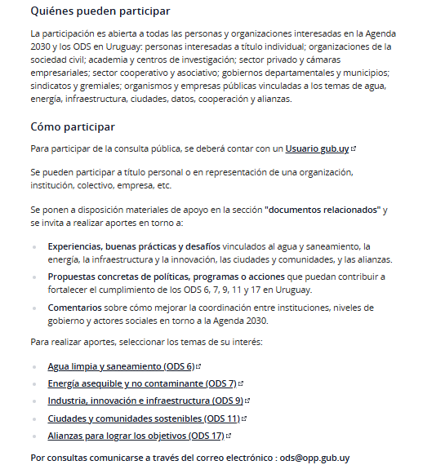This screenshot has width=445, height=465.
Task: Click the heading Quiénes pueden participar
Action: [100, 11]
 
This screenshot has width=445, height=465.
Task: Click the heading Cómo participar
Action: [73, 127]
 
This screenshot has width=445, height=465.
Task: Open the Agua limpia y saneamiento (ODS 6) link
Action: [121, 366]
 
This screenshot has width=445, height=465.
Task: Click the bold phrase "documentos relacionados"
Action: [323, 210]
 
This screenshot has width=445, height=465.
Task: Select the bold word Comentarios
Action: [74, 308]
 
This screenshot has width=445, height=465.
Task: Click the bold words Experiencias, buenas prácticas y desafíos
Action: [134, 246]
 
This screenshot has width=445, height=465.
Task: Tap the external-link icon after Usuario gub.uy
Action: [354, 149]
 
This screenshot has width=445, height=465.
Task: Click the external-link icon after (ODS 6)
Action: [198, 367]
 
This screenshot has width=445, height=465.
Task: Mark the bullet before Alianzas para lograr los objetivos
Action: [34, 436]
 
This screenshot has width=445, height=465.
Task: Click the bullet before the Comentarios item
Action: [34, 308]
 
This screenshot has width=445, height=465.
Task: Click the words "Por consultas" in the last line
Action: [58, 458]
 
